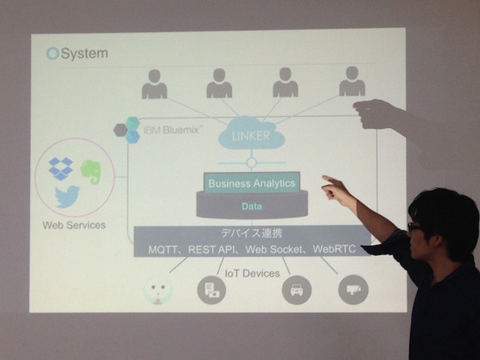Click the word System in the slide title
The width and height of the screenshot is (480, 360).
(x=84, y=54)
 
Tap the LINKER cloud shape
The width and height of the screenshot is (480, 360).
(x=250, y=135)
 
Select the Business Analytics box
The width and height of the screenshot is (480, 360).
(x=251, y=183)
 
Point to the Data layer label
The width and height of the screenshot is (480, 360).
(x=251, y=206)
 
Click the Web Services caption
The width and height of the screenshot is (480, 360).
(x=74, y=226)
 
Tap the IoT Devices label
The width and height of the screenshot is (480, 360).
(x=252, y=273)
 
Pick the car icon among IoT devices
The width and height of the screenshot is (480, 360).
(x=296, y=290)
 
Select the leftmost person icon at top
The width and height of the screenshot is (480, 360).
(x=154, y=84)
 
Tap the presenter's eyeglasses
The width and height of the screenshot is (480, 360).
(x=414, y=227)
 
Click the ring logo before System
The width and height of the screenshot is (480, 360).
(x=53, y=54)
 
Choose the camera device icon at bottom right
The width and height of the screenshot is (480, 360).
(x=353, y=290)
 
